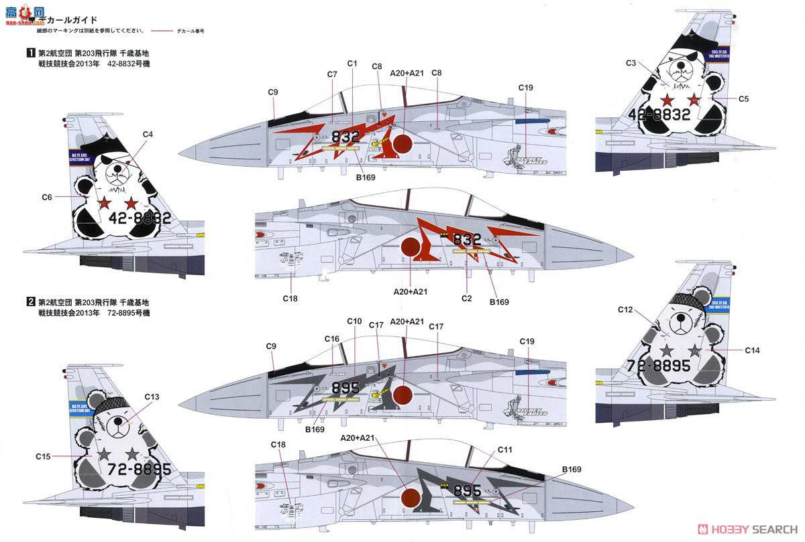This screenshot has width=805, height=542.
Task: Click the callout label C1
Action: pos(352,63)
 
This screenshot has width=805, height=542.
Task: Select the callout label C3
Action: pos(631,63)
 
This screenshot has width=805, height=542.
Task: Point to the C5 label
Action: pos(743,99)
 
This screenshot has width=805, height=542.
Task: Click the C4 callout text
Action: pos(148,135)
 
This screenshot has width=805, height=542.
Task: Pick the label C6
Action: pos(47,197)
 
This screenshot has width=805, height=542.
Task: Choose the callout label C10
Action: pos(354,321)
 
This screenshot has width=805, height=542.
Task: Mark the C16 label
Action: pos(332,339)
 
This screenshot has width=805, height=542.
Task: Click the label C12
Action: pos(625,310)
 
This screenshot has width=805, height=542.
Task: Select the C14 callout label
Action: pos(753,350)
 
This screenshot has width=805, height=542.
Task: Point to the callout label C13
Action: pos(152,397)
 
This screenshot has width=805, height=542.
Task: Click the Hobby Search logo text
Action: pos(751,527)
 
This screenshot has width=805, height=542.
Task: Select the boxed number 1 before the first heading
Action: pos(30,52)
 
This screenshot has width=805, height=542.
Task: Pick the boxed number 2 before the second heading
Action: pos(30,301)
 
